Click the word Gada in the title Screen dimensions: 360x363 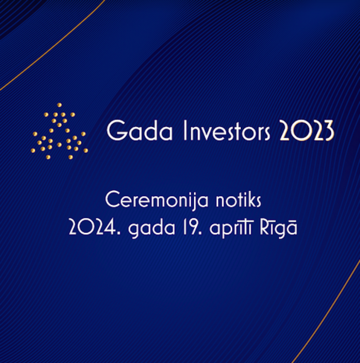(x=140, y=130)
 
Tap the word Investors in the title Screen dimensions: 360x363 (x=226, y=130)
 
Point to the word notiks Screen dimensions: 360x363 (x=238, y=200)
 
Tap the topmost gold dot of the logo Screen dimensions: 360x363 (x=59, y=105)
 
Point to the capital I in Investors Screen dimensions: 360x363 (x=185, y=130)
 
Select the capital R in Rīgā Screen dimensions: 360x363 (x=264, y=227)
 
